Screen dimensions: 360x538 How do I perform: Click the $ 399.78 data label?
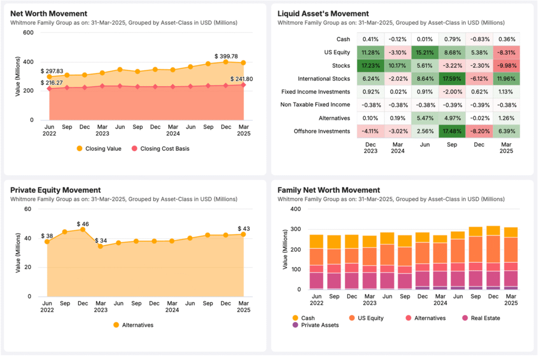point(226,56)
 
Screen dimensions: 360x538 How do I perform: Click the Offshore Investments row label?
point(321,131)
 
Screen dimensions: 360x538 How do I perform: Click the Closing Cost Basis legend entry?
point(161,149)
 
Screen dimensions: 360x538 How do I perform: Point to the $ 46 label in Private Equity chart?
point(83,224)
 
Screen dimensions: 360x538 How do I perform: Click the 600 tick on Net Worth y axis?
point(28,33)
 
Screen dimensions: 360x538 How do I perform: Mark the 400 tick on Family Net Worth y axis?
point(295,209)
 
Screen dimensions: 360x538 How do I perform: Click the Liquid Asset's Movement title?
point(323,14)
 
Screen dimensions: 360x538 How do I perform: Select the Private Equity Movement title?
point(55,190)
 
